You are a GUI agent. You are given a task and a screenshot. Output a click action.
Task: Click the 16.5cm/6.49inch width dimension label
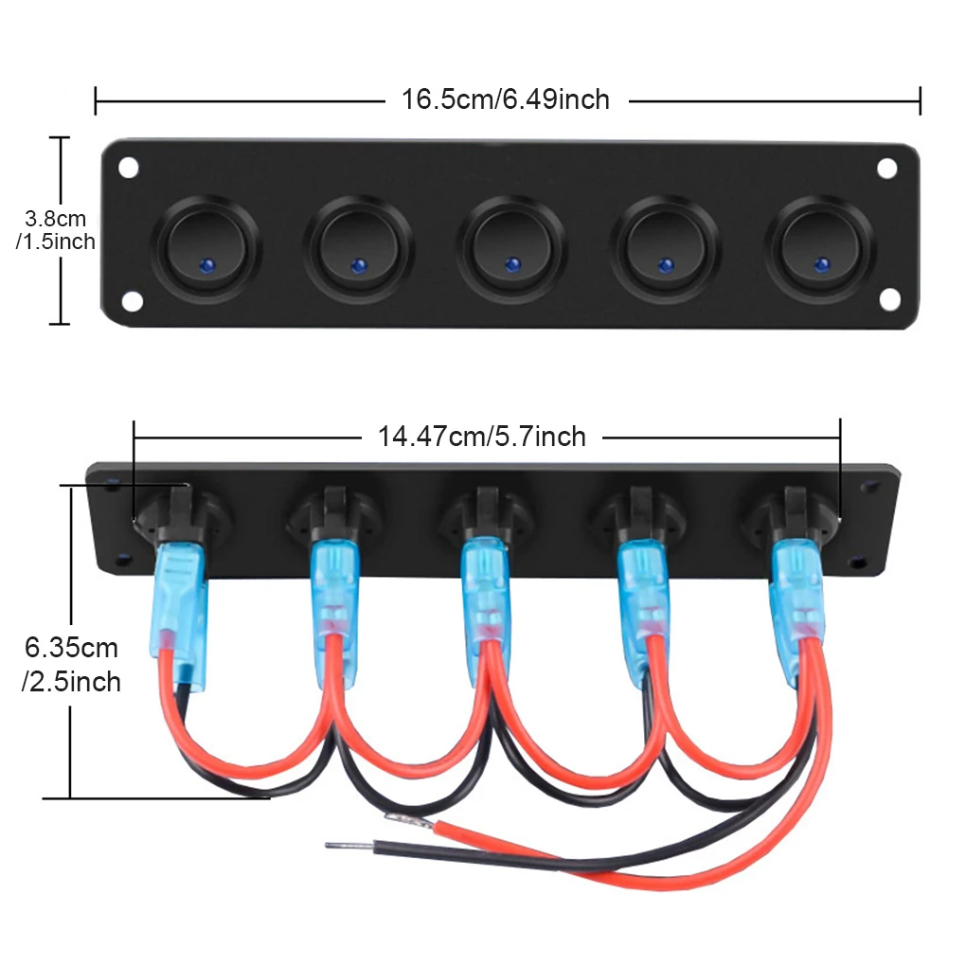pyautogui.click(x=506, y=98)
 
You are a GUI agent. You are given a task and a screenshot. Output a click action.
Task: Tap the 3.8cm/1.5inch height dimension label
pyautogui.click(x=57, y=230)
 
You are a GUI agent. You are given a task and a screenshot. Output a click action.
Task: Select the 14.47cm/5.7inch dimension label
pyautogui.click(x=482, y=436)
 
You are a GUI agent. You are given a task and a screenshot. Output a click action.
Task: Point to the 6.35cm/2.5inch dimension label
pyautogui.click(x=72, y=665)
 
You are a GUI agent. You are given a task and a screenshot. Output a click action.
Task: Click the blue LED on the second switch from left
pyautogui.click(x=358, y=264)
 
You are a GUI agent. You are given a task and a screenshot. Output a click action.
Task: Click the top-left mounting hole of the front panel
pyautogui.click(x=128, y=169)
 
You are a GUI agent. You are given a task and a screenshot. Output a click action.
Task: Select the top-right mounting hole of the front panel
pyautogui.click(x=886, y=169)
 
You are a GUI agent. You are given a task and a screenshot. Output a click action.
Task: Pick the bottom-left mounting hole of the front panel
pyautogui.click(x=129, y=302)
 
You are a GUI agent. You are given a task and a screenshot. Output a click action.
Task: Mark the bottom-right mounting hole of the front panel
pyautogui.click(x=888, y=300)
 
